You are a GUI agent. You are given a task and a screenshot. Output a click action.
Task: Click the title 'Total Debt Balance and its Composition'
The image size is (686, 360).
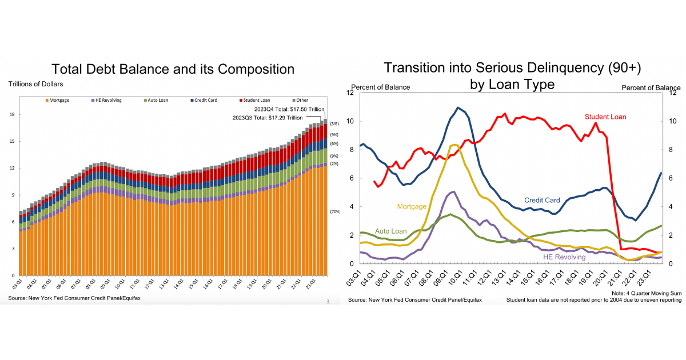click(173, 69)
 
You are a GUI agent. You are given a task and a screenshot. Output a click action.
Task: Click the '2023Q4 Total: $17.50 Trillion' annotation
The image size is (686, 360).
click(290, 109)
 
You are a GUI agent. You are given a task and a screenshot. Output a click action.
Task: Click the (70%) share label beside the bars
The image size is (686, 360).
click(335, 212)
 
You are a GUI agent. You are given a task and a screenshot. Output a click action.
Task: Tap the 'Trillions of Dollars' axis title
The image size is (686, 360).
click(35, 84)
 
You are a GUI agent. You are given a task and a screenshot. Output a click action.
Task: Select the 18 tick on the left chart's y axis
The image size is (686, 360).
click(11, 114)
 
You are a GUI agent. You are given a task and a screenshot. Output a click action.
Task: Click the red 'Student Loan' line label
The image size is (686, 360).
click(605, 117)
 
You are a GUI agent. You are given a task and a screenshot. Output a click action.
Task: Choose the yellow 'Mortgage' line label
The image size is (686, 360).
click(411, 206)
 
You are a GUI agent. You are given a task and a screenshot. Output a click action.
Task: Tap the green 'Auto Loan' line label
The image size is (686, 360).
click(390, 231)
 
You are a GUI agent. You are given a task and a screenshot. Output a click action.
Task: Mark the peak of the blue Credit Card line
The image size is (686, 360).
click(458, 107)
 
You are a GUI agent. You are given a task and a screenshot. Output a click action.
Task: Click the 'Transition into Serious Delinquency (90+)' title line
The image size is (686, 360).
click(512, 67)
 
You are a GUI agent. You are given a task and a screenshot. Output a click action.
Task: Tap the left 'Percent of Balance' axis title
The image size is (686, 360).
click(381, 87)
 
